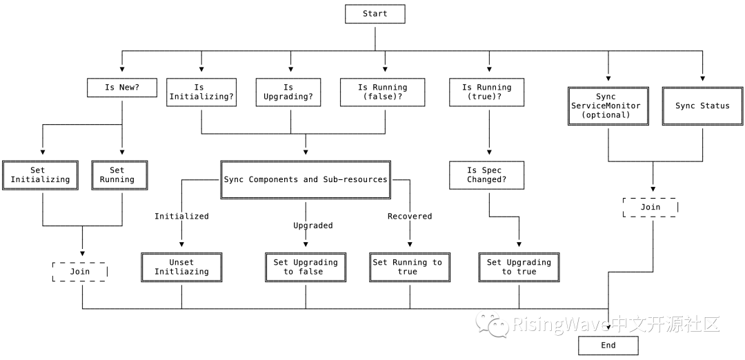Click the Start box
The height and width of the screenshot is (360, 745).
375,14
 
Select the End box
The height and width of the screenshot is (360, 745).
608,346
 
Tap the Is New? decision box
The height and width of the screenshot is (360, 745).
122,88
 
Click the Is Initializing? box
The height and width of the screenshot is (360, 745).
201,92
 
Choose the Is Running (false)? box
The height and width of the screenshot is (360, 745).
382,92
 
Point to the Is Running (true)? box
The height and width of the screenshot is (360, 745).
487,92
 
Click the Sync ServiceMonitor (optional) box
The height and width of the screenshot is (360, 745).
608,106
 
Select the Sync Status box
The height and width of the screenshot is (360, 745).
702,106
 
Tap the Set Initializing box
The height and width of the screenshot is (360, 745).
41,175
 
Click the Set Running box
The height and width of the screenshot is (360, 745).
119,175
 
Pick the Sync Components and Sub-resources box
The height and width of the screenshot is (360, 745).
306,179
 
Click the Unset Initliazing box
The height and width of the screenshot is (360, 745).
181,268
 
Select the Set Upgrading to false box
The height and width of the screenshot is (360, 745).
306,268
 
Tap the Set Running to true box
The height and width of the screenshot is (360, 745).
410,268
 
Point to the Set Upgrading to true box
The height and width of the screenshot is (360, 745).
519,268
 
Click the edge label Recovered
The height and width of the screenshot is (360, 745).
410,217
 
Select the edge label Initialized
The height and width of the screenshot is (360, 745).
181,217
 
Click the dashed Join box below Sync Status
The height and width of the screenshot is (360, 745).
650,208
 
